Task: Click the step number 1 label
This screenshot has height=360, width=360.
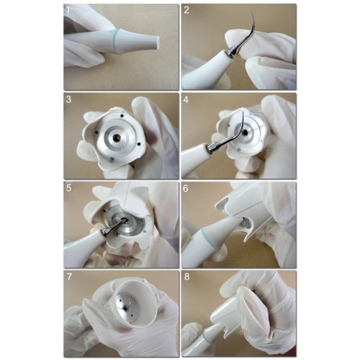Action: (x=68, y=11)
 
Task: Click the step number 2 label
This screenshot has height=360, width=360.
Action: (x=186, y=10)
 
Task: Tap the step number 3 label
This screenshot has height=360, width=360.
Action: (x=68, y=99)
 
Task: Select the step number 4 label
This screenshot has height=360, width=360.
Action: (x=186, y=99)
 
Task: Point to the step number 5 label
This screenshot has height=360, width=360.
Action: (x=68, y=188)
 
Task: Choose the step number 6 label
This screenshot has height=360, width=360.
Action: (x=186, y=189)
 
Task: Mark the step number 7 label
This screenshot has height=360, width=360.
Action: (x=69, y=276)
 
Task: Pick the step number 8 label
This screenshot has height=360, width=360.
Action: (x=186, y=276)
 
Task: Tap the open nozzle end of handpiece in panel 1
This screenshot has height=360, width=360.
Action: (x=157, y=41)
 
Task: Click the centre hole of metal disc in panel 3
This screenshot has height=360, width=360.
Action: (x=117, y=138)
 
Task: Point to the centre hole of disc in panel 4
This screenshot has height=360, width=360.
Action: (x=246, y=132)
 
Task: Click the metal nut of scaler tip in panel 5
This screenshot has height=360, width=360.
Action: (x=107, y=230)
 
